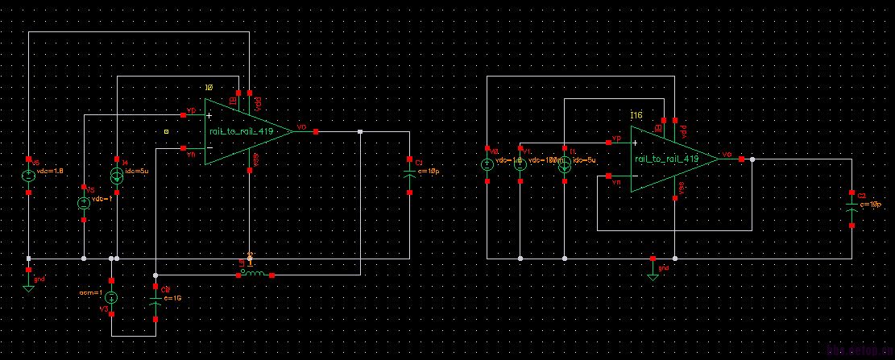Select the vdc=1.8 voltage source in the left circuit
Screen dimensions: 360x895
28,175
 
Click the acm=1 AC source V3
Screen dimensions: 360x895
111,297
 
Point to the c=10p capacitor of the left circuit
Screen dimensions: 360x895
409,175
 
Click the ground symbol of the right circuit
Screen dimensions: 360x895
653,272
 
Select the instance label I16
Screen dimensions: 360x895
636,117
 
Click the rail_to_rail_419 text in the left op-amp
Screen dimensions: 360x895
241,131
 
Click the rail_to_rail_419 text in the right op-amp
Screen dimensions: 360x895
666,159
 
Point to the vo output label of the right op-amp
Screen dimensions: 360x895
727,153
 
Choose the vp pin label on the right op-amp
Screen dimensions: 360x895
617,139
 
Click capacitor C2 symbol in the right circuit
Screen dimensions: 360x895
852,209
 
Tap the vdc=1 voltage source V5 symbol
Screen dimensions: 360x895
84,203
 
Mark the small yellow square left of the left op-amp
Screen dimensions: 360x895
166,130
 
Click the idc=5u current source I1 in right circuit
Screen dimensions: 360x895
565,164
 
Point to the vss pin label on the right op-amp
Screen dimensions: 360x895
682,188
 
